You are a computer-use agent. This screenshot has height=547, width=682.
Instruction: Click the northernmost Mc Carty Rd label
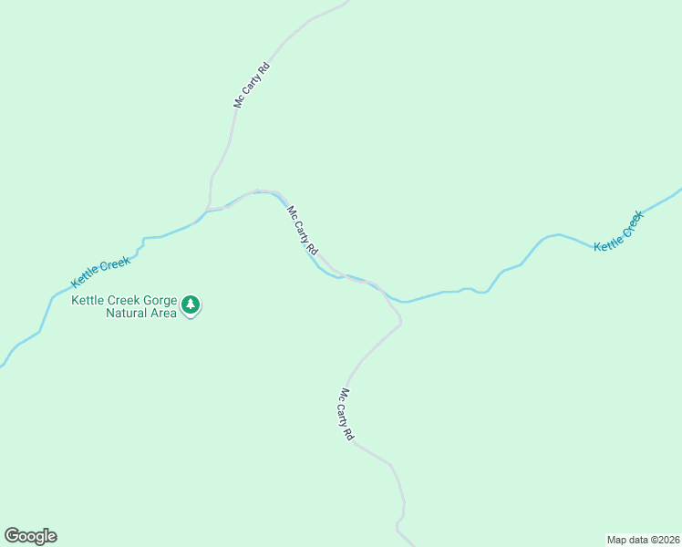pos(252,85)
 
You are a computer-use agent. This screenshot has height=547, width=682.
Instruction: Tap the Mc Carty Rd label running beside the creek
pos(303,231)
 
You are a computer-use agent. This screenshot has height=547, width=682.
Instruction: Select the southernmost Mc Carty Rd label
pos(346,415)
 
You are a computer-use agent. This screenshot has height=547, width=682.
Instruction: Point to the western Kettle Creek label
pos(101,271)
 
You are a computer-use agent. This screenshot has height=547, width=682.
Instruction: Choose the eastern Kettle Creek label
pos(618,232)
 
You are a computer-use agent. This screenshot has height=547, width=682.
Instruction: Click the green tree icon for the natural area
pos(190,304)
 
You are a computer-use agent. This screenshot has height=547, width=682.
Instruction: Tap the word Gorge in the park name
pos(155,300)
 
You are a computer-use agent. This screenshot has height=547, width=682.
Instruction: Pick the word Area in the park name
pos(163,314)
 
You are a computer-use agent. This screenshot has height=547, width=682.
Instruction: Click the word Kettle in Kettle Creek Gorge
pos(88,300)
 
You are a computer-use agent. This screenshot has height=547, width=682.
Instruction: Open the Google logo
pos(30,535)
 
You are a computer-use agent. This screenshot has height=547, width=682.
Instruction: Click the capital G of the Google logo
pos(12,535)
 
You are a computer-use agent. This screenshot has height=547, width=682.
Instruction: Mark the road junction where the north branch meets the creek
pos(211,209)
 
